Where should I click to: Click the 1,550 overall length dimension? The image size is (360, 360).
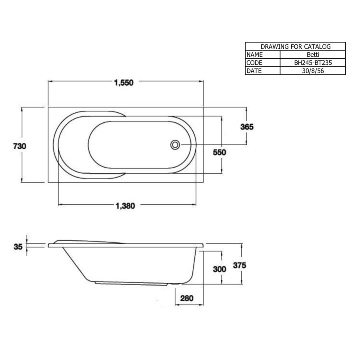point(123,83)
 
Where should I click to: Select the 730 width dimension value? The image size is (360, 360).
point(20,146)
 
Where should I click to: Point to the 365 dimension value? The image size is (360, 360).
point(247,127)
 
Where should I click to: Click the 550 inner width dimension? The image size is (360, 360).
point(220,152)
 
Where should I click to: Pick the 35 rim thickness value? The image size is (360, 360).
point(18,247)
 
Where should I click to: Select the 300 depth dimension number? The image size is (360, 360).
point(220,269)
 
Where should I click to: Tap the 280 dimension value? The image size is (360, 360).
point(187,298)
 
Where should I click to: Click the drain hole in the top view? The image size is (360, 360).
point(175,145)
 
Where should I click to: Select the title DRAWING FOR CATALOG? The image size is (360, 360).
point(295,47)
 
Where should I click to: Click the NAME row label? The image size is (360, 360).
point(255,55)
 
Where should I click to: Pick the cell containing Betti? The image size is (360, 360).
point(312,55)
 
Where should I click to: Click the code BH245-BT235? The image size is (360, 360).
point(312,63)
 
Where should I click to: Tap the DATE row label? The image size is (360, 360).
point(254,71)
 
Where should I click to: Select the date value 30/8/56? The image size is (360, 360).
point(312,71)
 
